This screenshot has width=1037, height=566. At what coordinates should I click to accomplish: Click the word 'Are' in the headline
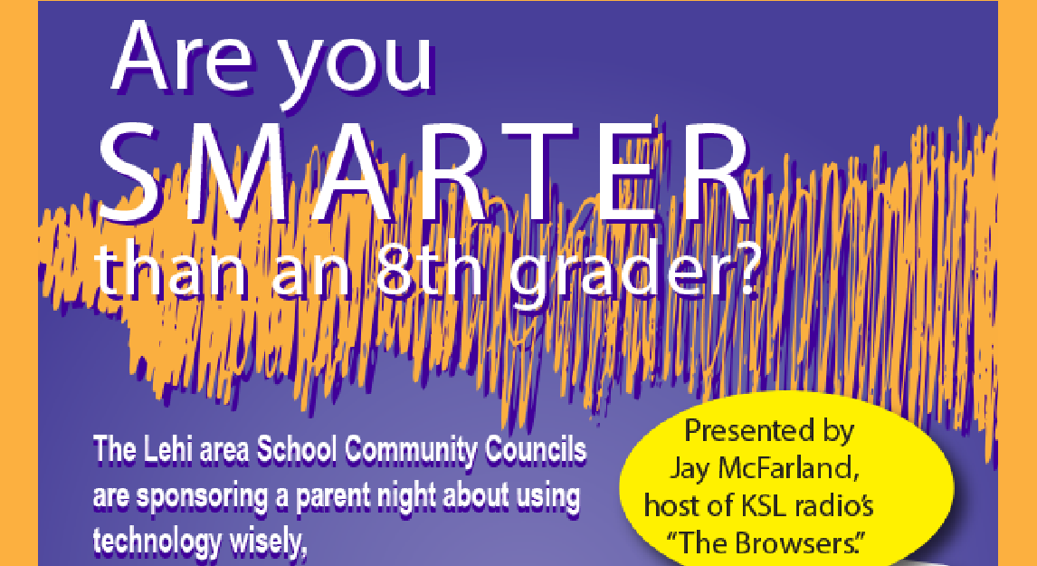click(183, 58)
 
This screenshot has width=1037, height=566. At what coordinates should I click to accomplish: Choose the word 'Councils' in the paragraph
click(536, 450)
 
